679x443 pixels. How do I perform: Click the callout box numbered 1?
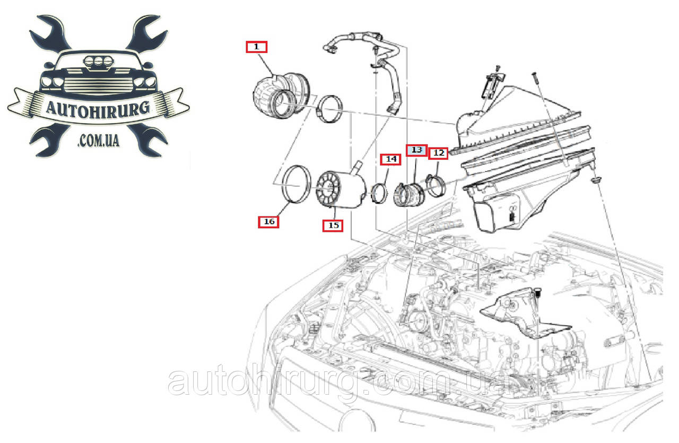[256, 47]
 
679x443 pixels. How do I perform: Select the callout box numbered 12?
[438, 153]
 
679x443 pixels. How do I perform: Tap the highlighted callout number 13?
[416, 150]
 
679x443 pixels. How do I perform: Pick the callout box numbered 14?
[391, 159]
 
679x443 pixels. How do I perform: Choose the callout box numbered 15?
[333, 225]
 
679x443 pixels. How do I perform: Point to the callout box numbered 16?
[268, 222]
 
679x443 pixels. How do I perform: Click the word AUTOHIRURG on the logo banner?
[98, 109]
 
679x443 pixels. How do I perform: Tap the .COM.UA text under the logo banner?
[98, 141]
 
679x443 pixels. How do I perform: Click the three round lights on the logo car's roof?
[98, 62]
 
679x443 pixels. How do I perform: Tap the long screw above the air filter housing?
[536, 78]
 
